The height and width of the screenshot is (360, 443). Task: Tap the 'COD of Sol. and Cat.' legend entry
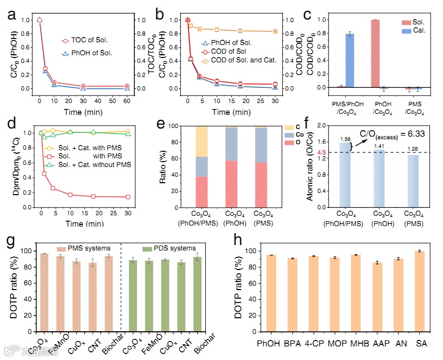point(244,60)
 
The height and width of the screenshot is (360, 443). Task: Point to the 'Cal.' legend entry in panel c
point(416,30)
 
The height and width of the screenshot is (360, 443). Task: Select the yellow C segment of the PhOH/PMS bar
point(201,141)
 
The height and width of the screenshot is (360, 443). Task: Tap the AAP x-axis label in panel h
point(378,344)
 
